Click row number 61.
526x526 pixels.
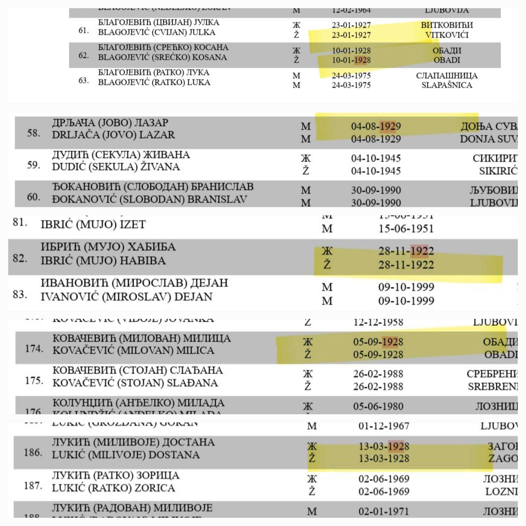(83, 31)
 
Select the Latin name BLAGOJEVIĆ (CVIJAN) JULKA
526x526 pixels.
(157, 32)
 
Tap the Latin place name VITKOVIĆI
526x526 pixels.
(447, 35)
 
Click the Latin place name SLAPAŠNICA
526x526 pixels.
(447, 85)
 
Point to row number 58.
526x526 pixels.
(33, 133)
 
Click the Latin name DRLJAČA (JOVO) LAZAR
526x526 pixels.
(113, 135)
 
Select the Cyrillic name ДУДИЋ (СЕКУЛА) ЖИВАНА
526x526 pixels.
(121, 155)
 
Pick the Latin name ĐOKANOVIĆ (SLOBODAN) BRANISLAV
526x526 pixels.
(149, 200)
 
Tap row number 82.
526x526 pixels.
(20, 258)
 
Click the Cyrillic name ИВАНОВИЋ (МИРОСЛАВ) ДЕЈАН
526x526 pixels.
(134, 283)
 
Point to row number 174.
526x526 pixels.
(34, 349)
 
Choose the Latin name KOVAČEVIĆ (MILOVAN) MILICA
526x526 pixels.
(133, 351)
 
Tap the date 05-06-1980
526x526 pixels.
(378, 407)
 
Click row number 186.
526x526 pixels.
(33, 453)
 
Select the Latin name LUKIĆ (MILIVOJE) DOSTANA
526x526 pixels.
(126, 455)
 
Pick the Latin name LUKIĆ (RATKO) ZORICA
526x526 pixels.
(113, 488)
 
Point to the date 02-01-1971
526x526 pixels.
(384, 512)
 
